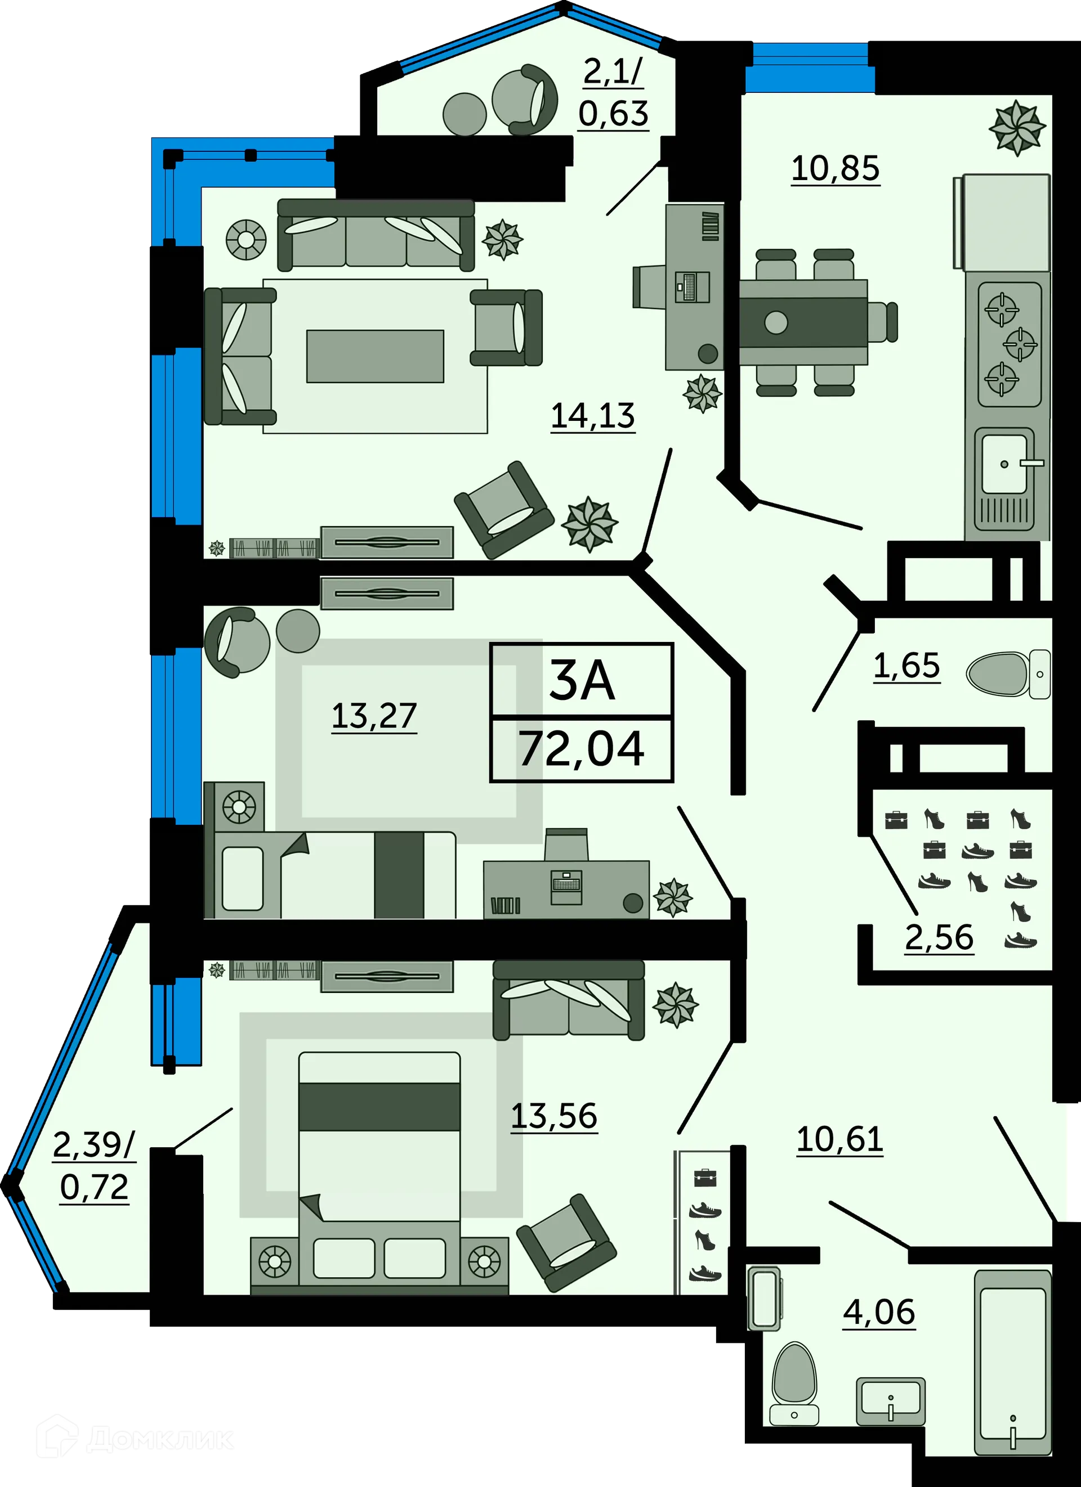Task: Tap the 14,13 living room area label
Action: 592,416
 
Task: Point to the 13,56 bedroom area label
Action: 553,1115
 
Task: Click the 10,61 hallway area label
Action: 839,1139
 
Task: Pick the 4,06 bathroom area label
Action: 879,1311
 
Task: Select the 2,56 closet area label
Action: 939,937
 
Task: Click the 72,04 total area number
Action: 582,749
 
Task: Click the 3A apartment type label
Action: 582,681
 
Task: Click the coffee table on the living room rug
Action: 374,356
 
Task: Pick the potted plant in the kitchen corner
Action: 1016,127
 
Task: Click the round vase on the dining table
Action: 776,322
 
